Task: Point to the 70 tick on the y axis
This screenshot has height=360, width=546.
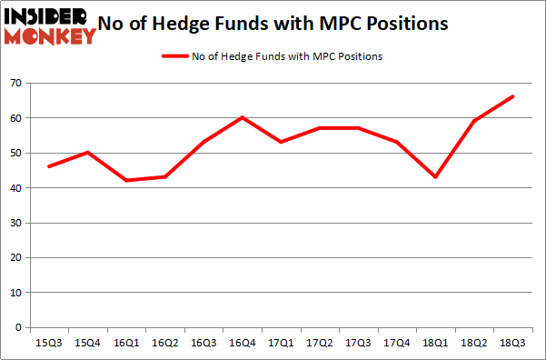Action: pos(15,83)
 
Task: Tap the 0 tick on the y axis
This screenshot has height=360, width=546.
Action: pos(19,327)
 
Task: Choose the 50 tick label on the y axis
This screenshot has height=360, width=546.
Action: pos(15,153)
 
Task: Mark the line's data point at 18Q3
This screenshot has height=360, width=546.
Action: pos(513,96)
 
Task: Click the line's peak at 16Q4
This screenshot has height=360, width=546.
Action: pos(243,117)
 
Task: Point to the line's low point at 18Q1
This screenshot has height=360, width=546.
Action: pos(436,176)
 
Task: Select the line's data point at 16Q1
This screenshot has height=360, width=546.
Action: pos(126,180)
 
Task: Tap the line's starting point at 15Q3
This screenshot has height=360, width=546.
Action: pos(48,166)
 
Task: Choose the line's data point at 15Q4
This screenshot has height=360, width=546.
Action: pos(87,152)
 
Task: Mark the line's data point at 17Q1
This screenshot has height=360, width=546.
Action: pos(281,142)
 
